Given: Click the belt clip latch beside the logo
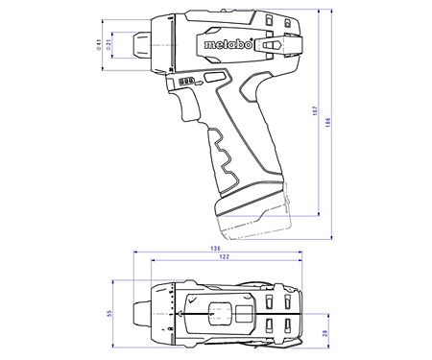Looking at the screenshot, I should (270, 44).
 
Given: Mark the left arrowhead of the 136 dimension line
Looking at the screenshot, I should (133, 254).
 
